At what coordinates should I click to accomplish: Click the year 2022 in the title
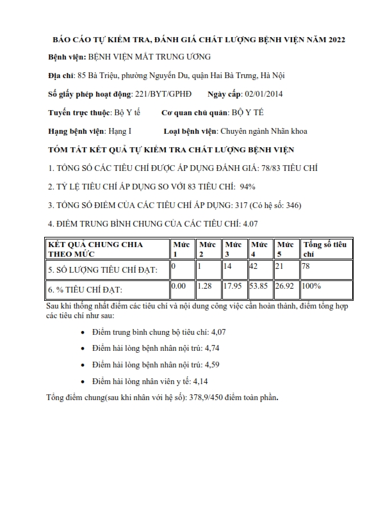pos(336,40)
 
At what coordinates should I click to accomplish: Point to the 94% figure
pos(247,187)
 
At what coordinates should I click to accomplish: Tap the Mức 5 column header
pos(286,249)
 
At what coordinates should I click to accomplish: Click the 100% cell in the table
pos(313,286)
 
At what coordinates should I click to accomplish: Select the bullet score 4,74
pos(211,348)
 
